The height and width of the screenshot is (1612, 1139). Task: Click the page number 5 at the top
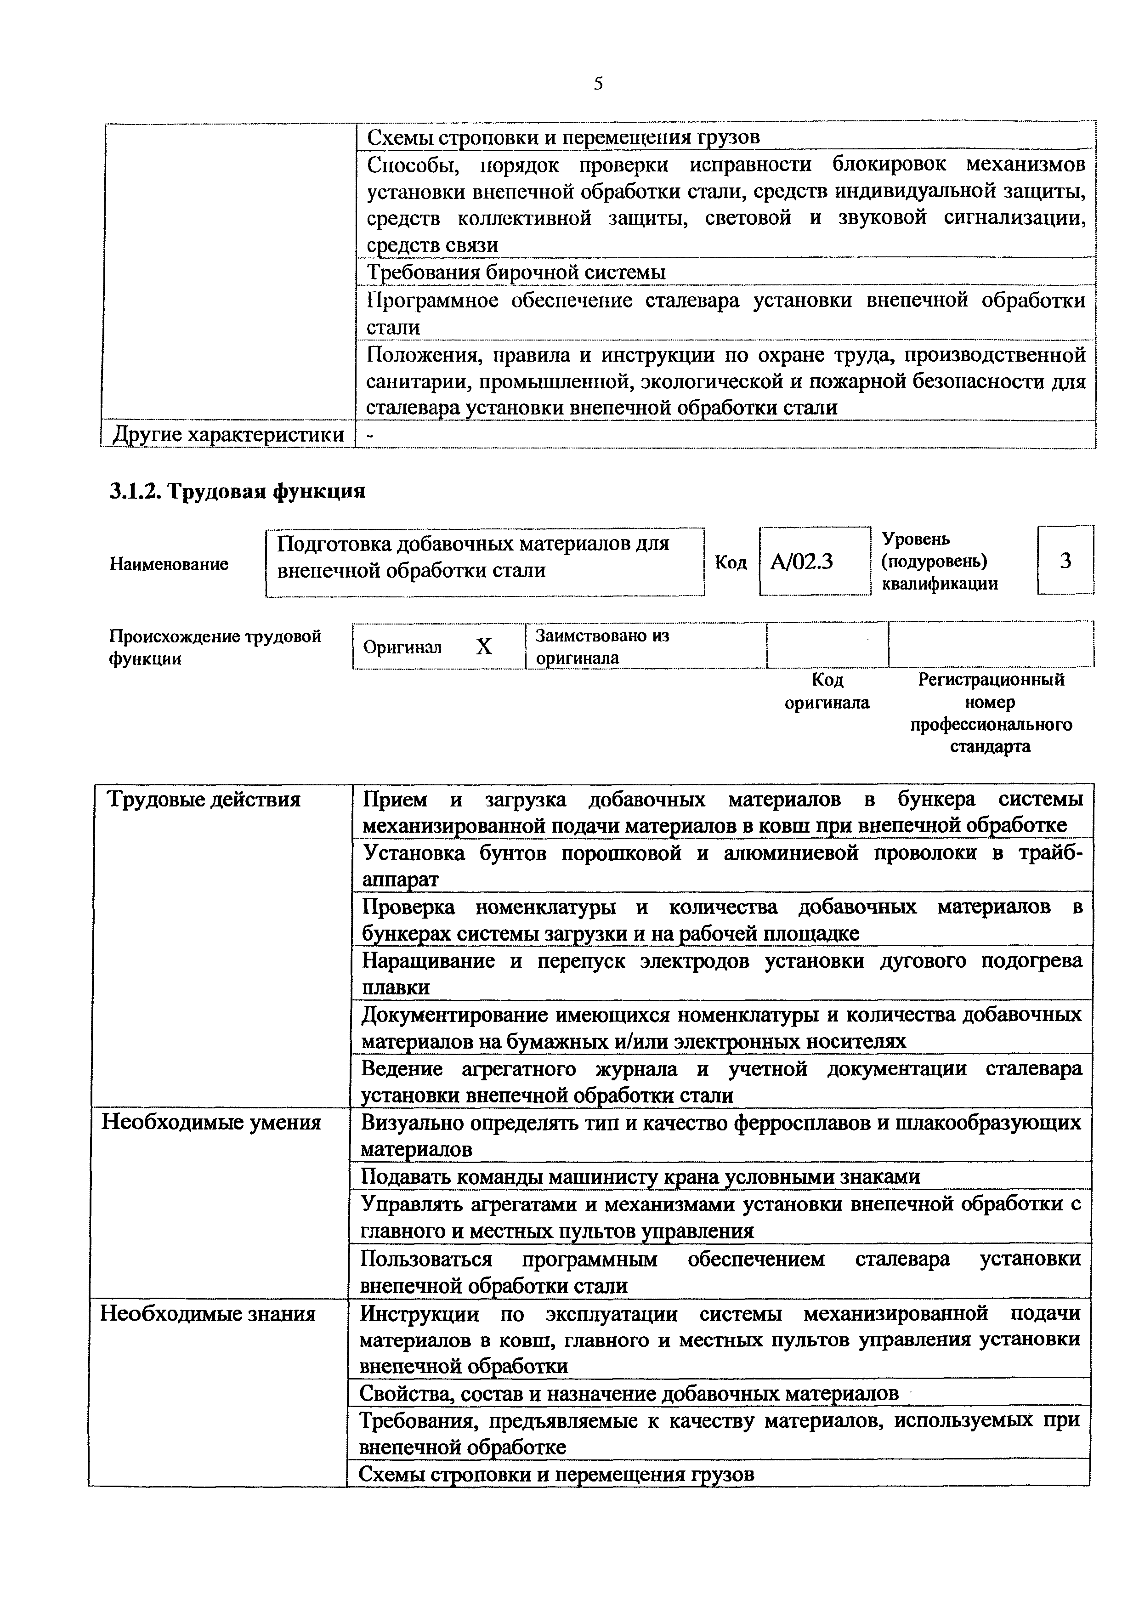point(598,84)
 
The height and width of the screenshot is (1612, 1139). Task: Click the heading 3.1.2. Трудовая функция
point(237,491)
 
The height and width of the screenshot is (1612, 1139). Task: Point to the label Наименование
point(169,564)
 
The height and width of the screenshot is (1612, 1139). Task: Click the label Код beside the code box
point(731,562)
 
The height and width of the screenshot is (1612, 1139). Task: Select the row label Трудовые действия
point(204,800)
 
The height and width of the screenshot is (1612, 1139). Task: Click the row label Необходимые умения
point(211,1122)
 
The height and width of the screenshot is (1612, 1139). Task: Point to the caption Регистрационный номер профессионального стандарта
point(991,713)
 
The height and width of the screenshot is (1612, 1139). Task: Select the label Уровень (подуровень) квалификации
point(939,561)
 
